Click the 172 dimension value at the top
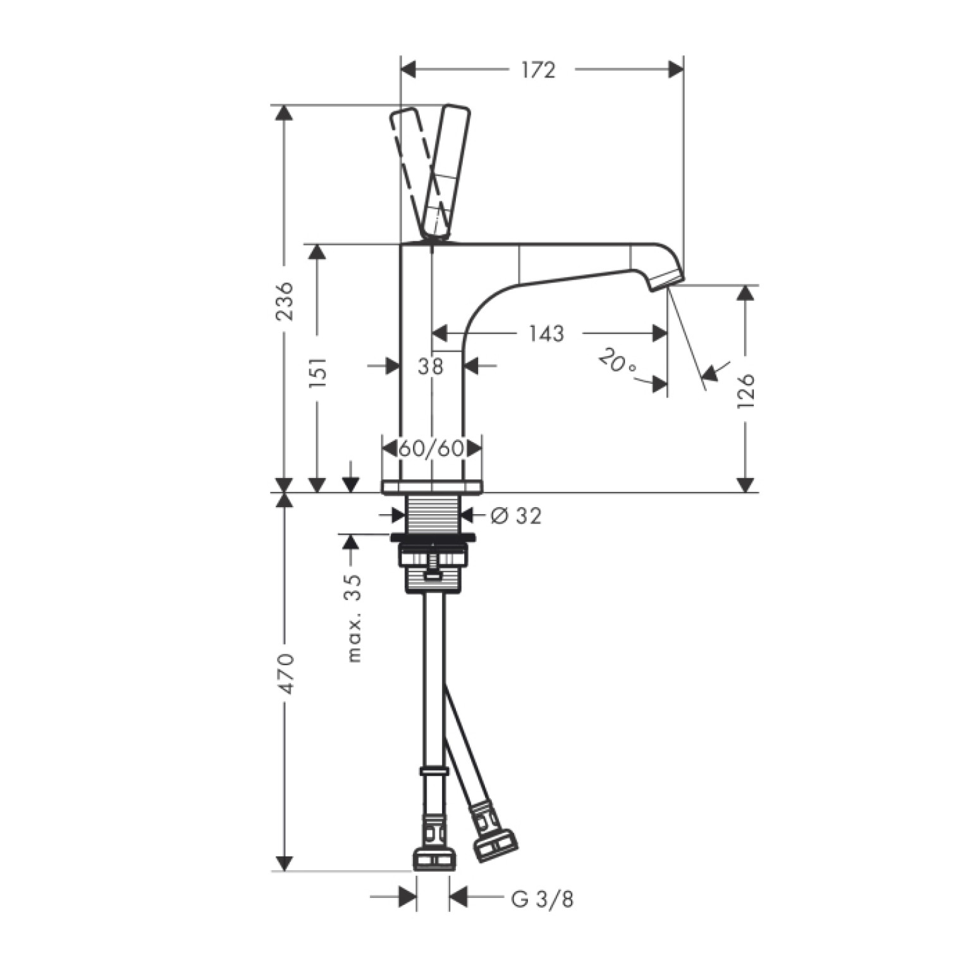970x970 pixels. point(538,70)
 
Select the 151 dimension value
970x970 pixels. point(320,371)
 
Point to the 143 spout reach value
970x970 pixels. point(546,333)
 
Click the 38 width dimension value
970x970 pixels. point(431,366)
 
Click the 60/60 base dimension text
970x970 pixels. point(432,448)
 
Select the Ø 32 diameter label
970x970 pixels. point(516,516)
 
